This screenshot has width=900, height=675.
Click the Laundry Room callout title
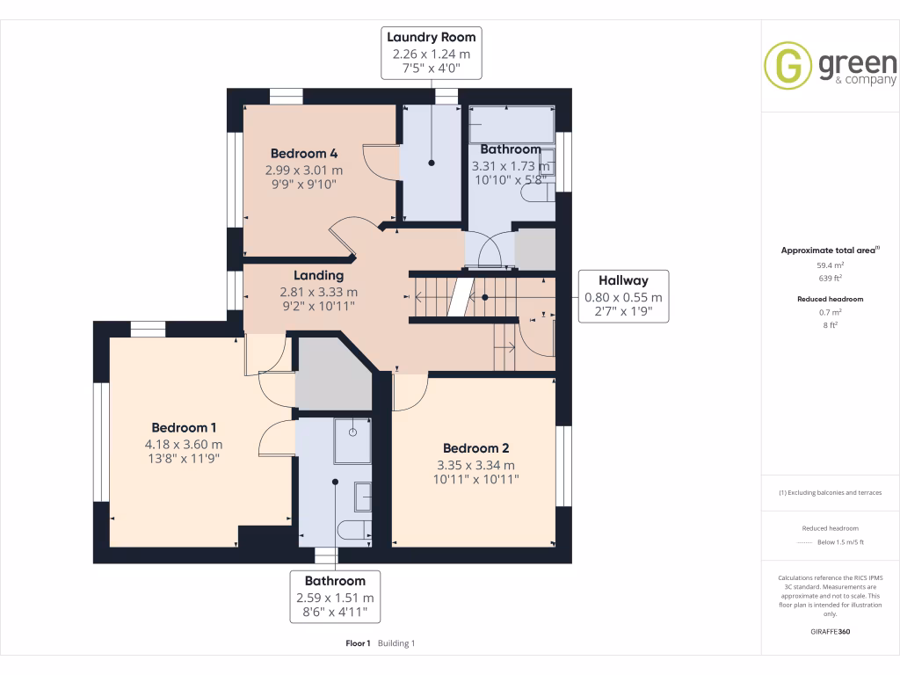[x=432, y=37]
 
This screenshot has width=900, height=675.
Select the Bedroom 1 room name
[x=184, y=427]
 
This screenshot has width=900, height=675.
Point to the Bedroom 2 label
[x=476, y=447]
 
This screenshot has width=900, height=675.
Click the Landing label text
[x=318, y=275]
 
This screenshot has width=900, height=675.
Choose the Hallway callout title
[x=623, y=279]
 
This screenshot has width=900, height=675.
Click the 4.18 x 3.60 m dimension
[x=183, y=444]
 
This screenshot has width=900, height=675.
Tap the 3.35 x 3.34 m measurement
[x=475, y=465]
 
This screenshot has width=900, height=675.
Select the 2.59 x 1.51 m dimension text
[x=335, y=598]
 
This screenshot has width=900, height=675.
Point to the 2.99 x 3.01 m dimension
[x=304, y=170]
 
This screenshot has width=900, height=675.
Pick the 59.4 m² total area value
[x=831, y=264]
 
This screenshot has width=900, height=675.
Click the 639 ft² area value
[x=831, y=277]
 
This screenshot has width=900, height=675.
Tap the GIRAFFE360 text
[x=831, y=632]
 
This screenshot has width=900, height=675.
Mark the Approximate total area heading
[x=829, y=250]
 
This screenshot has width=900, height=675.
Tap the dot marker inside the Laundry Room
[x=432, y=163]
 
